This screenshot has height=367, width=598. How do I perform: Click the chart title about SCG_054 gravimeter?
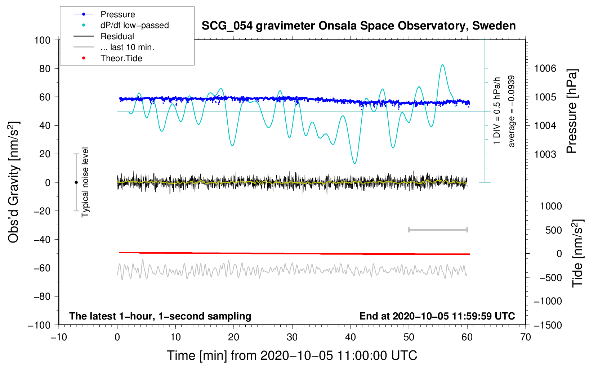358,26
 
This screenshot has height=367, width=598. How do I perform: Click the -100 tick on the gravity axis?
39,325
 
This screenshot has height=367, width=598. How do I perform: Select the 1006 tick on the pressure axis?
545,68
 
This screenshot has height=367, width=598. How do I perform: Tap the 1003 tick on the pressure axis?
545,154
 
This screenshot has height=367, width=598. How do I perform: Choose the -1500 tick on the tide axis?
548,325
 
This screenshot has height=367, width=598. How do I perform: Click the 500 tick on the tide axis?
554,230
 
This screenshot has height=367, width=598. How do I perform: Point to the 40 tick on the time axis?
351,337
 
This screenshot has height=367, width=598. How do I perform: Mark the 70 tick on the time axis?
526,337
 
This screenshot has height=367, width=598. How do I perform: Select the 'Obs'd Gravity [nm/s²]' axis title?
13,182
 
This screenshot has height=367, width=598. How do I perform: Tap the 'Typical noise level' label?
85,182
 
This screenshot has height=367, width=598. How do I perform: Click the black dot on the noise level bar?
76,182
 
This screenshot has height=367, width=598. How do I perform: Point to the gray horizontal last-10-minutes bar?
438,230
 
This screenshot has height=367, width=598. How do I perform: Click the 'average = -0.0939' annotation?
512,112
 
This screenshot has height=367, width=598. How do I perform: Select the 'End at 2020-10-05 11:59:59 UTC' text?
437,316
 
